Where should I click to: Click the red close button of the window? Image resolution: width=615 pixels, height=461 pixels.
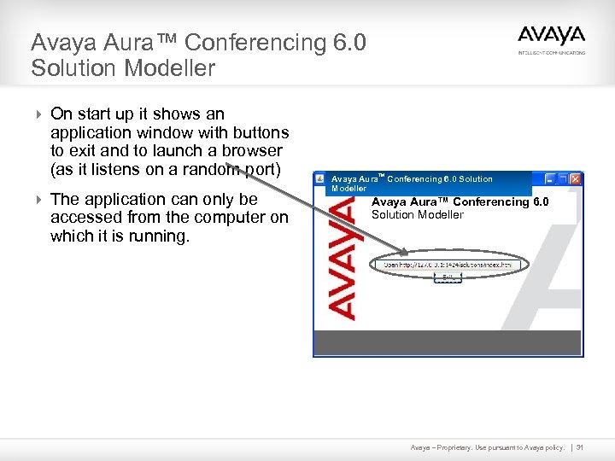576,179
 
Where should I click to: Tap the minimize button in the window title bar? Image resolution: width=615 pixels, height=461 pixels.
550,179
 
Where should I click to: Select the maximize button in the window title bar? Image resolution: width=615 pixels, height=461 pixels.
563,179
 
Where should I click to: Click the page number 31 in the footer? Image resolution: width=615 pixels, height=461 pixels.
580,447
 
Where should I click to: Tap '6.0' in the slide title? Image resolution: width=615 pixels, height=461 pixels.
348,42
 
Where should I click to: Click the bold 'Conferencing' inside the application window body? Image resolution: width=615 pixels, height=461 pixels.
491,202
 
